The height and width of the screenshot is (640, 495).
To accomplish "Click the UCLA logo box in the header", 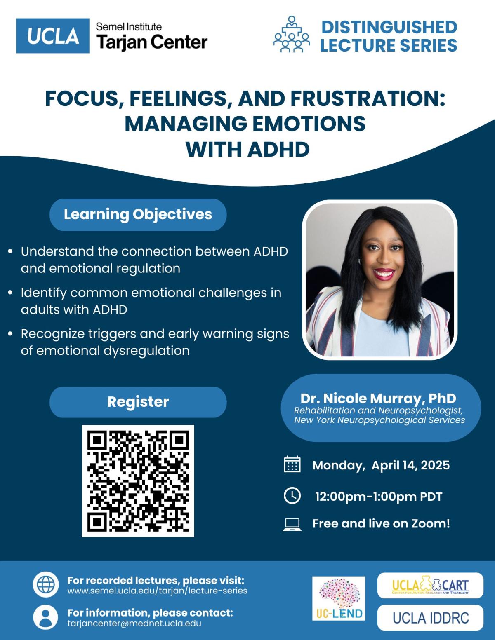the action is pos(52,35).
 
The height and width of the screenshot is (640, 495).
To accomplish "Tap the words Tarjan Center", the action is pos(152,42).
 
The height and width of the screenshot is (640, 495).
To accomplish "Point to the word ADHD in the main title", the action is pos(278,149).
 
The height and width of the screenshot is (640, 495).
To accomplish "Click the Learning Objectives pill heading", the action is pos(138,214).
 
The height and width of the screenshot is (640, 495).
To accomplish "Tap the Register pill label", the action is pos(138,402).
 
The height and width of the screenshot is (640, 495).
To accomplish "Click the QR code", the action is pos(138,481).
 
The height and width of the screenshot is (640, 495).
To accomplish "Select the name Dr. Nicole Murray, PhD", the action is pos(378,398).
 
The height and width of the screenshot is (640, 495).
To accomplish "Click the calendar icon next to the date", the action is pos(292,464).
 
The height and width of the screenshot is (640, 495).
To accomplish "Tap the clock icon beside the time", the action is pos(292,495).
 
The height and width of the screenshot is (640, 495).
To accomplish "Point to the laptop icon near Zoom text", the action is pos(292,525).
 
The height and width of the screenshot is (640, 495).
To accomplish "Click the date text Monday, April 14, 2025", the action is pos(381,465).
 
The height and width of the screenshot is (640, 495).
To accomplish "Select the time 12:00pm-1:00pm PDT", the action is pos(379,497).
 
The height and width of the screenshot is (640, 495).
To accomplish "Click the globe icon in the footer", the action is pos(45,584).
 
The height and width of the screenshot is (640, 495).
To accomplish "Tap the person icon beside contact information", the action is pos(45,617).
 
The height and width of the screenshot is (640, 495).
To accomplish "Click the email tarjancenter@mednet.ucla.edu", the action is pos(134,624).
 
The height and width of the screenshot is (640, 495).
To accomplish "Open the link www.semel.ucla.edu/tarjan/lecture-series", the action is pos(157,591).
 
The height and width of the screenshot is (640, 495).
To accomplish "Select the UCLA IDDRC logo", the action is pos(430,618).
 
